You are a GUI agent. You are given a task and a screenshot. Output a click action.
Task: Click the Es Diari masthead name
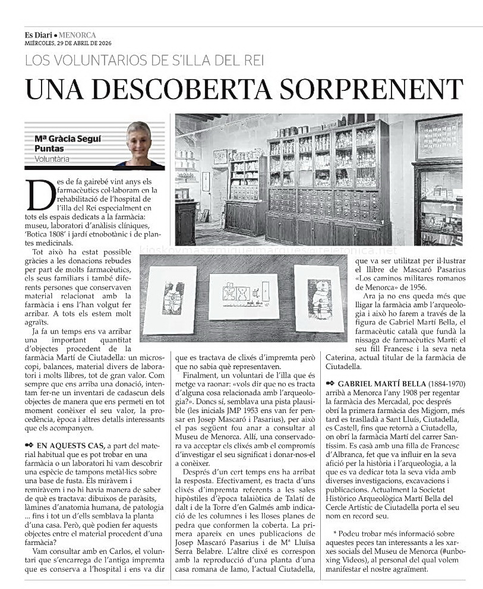[40, 35]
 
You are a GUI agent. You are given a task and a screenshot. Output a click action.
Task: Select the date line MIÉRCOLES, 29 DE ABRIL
[68, 43]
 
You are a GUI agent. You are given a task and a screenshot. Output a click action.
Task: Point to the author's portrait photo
[139, 144]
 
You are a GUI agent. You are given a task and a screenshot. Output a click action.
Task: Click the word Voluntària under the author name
[52, 159]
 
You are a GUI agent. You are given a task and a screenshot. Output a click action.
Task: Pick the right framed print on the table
[319, 297]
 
